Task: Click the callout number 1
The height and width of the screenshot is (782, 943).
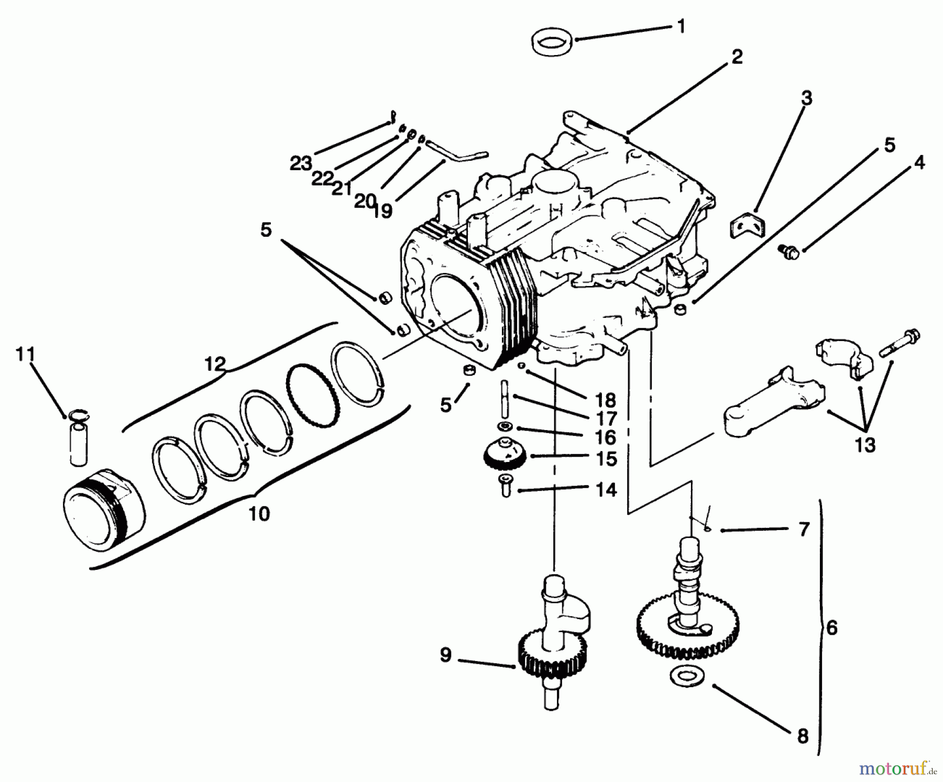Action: coord(681,26)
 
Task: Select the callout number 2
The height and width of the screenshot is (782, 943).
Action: coord(737,57)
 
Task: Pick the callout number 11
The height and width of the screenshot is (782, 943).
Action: coord(25,355)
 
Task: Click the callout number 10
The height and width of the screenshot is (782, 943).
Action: coord(259,513)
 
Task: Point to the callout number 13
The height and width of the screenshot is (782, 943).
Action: coord(865,445)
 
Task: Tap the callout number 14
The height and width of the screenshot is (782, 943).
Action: coord(606,490)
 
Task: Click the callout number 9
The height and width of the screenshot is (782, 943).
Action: coord(445,655)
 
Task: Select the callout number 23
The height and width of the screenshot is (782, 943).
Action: coord(301,164)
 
